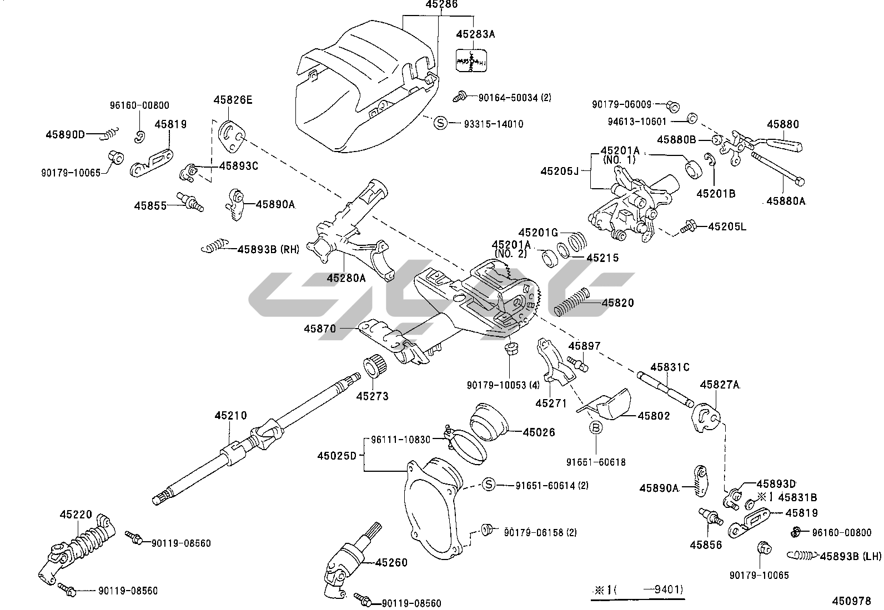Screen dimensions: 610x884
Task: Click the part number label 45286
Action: pyautogui.click(x=441, y=5)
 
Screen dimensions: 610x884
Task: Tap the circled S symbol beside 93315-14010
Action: pyautogui.click(x=440, y=123)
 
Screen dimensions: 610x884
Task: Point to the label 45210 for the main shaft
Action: pyautogui.click(x=231, y=416)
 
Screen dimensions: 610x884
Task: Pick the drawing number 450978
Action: pyautogui.click(x=851, y=601)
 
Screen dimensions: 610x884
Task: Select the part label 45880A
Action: pyautogui.click(x=785, y=201)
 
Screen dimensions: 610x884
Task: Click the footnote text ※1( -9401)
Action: pyautogui.click(x=637, y=589)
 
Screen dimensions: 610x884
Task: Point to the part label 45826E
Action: pyautogui.click(x=233, y=100)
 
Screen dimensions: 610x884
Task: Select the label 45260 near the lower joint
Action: pyautogui.click(x=391, y=563)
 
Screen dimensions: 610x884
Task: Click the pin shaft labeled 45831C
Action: pyautogui.click(x=666, y=387)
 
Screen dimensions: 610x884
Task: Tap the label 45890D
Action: pyautogui.click(x=65, y=134)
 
